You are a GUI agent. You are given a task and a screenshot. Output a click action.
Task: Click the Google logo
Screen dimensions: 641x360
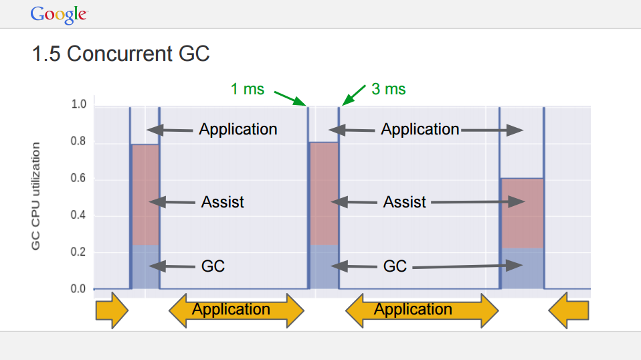[x=59, y=15]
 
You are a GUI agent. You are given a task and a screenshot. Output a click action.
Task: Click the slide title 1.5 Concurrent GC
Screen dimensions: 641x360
[x=121, y=54]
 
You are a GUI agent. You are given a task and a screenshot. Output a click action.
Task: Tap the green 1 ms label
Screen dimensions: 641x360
[x=248, y=89]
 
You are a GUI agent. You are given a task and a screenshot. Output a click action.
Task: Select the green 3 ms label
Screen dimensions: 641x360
[x=388, y=89]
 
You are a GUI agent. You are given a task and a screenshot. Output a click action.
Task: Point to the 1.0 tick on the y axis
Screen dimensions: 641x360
[x=79, y=104]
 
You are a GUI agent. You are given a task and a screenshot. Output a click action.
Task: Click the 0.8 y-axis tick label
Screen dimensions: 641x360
[x=78, y=141]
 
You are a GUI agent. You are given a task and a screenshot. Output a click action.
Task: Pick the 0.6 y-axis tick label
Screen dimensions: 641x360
[x=78, y=178]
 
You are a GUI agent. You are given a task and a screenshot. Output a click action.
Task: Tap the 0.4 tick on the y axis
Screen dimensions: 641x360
[x=78, y=215]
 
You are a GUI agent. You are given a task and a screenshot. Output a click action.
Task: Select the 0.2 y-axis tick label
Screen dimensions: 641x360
[x=78, y=252]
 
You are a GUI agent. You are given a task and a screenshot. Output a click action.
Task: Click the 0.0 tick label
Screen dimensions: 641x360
[x=78, y=289]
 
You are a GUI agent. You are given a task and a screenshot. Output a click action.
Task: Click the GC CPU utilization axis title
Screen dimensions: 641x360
[x=35, y=196]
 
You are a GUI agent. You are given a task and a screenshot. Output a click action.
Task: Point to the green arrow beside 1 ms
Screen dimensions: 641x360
[x=290, y=98]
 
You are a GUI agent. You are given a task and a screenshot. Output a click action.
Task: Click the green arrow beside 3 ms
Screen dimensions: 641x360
[x=353, y=95]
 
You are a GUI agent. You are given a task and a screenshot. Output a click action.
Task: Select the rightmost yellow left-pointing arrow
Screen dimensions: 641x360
[x=568, y=310]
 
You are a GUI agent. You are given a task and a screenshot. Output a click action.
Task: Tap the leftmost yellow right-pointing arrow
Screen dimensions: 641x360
[x=112, y=310]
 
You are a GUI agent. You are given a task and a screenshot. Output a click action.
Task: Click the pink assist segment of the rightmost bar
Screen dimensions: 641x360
[x=523, y=213]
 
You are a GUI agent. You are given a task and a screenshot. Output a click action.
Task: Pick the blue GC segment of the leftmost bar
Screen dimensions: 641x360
[x=145, y=267]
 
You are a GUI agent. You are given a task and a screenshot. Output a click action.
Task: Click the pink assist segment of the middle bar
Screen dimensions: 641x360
[x=324, y=194]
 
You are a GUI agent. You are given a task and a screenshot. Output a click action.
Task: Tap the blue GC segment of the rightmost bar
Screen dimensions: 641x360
[x=523, y=268]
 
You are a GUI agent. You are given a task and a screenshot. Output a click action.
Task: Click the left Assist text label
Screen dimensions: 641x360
[x=222, y=202]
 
